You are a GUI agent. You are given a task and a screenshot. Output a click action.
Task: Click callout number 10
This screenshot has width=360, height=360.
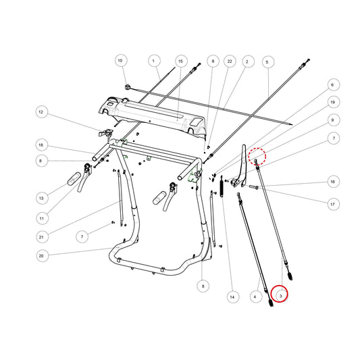point(120,60)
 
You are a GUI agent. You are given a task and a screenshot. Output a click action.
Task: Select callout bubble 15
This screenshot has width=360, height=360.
point(181,61)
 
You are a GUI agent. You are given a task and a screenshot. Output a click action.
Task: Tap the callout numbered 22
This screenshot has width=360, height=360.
point(230,61)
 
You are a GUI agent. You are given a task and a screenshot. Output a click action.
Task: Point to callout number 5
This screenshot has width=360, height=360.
point(267,62)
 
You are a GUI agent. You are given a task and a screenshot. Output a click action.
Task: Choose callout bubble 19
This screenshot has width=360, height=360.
point(333,102)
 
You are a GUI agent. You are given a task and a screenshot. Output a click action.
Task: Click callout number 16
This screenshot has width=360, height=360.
point(333,182)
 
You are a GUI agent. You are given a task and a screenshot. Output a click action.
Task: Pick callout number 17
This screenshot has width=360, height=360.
point(333,204)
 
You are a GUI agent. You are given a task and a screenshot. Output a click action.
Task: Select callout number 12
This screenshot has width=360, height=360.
point(42,112)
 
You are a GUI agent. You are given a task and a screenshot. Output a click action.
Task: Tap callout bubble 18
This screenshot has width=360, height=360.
point(42,145)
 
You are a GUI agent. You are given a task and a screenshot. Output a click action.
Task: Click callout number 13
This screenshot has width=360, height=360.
point(42,198)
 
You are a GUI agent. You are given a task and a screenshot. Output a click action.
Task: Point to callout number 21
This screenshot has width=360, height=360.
point(42,236)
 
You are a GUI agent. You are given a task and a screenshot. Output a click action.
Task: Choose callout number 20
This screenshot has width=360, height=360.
point(42,256)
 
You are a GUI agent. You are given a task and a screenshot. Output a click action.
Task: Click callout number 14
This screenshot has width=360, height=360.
point(232,297)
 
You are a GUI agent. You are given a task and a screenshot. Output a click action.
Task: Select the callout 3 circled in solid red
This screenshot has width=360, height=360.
point(279,294)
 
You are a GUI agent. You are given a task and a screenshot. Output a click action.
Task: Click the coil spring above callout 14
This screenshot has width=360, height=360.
point(222,186)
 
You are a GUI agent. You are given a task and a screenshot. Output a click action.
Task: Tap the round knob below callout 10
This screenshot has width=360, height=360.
point(128,87)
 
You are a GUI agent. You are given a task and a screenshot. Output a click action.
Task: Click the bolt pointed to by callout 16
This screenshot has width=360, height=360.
point(254,187)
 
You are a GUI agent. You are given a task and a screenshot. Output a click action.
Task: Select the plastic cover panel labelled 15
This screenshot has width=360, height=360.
point(151,116)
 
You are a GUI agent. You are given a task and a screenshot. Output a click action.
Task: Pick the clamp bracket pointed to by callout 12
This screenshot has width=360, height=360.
point(106,133)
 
